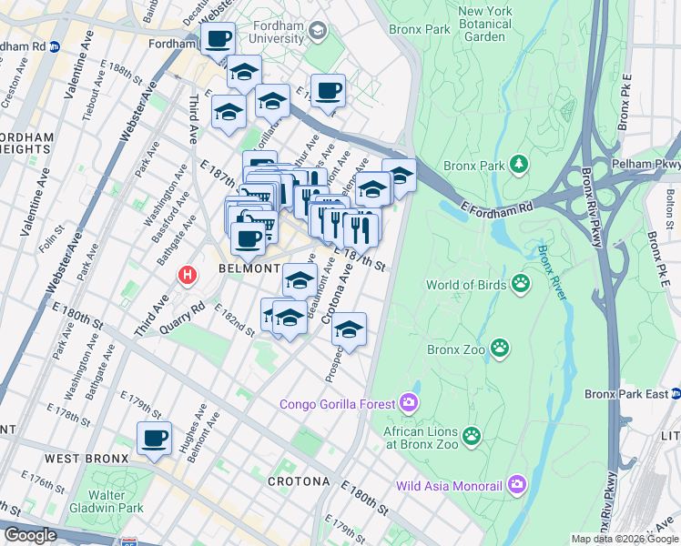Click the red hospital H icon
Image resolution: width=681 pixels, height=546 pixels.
[x=188, y=273]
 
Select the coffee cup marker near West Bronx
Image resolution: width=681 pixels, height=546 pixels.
[x=155, y=440]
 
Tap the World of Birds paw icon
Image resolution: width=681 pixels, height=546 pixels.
[x=521, y=284]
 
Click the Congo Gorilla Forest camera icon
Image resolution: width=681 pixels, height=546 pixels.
[x=409, y=403]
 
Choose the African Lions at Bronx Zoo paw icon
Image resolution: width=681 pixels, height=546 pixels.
[x=471, y=436]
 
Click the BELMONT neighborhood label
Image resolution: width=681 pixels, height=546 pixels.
[x=248, y=269]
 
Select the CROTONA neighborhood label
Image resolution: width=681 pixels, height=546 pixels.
[x=298, y=480]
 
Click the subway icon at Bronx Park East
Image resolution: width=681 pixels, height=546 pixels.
[x=676, y=393]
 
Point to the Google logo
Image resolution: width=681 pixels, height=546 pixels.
[x=30, y=535]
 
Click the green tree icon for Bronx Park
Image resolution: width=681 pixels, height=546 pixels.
[x=519, y=165]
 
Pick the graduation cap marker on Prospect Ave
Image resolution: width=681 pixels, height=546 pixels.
[x=349, y=331]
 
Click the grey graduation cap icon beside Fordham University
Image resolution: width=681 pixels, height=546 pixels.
[x=317, y=32]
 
